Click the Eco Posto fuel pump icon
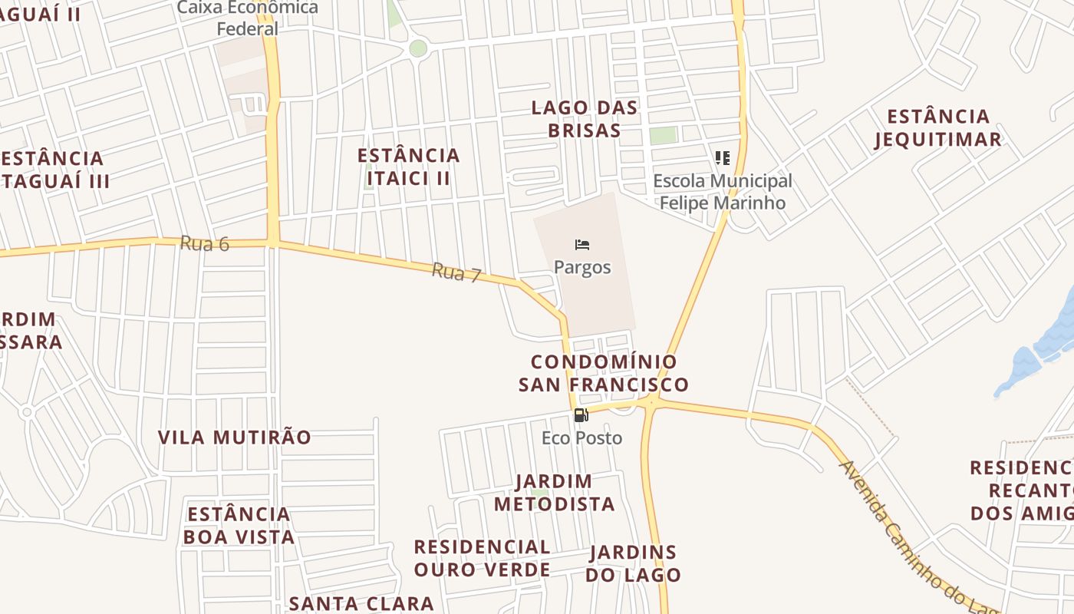pos(581,415)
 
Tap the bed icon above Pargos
pos(582,245)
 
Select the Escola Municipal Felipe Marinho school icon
pos(722,158)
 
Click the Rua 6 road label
pos(205,244)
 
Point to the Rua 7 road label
pos(456,272)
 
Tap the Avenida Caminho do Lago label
pos(914,537)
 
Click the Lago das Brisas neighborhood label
pos(585,119)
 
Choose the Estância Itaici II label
pos(408,167)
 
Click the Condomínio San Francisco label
pos(604,373)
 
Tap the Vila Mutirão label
pos(235,437)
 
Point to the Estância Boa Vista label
pos(239,525)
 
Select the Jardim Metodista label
pos(554,493)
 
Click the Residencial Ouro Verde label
pos(482,558)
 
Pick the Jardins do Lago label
pos(634,563)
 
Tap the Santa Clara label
pos(361,603)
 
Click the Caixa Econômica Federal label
pos(248,18)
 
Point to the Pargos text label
pos(582,267)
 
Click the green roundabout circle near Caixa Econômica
pos(418,48)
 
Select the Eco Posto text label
pos(581,438)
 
